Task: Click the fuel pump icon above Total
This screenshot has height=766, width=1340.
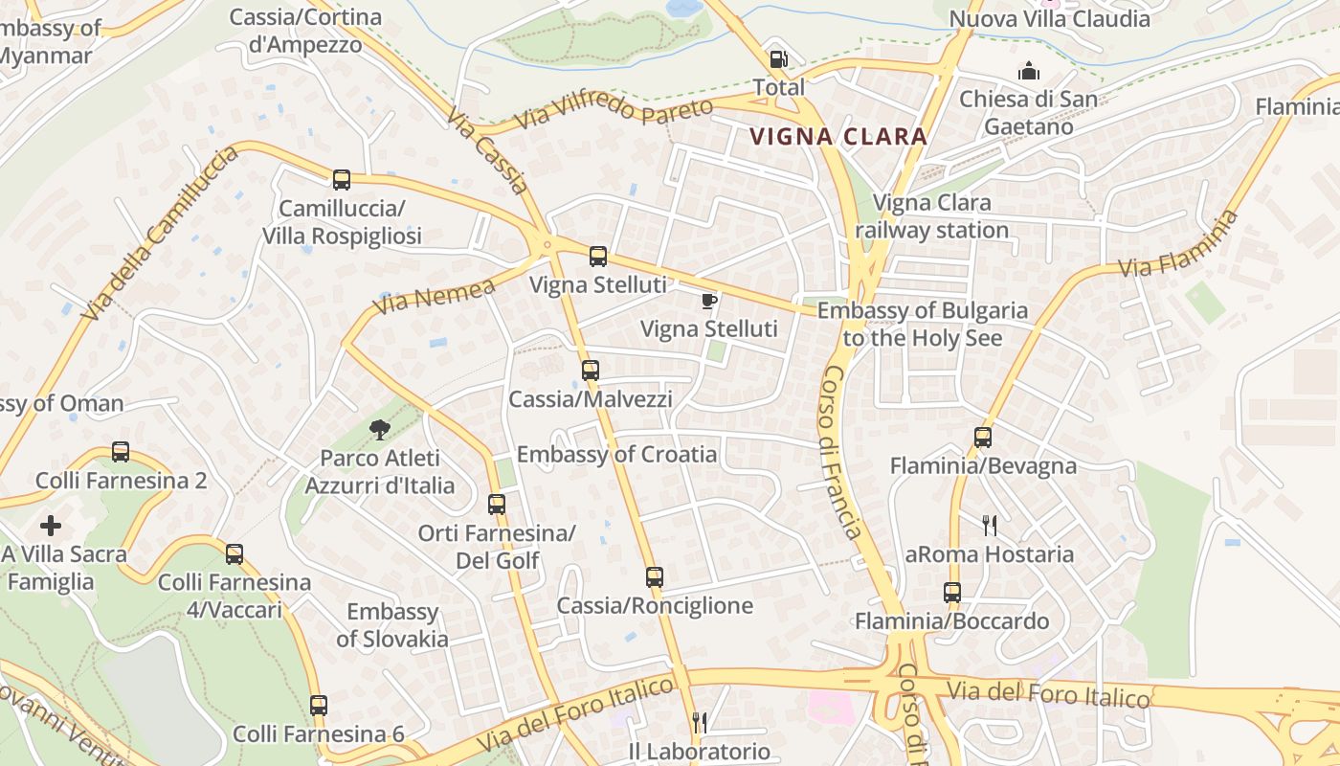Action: click(779, 59)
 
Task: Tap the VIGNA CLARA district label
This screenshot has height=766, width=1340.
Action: click(838, 137)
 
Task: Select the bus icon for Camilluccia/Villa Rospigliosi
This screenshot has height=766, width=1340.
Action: click(342, 179)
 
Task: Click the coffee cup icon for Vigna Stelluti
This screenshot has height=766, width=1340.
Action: click(709, 302)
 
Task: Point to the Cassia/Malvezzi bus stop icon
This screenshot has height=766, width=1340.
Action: click(591, 370)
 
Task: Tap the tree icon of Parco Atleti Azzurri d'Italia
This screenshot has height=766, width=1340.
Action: click(380, 430)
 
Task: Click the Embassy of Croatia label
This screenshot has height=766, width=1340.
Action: click(616, 454)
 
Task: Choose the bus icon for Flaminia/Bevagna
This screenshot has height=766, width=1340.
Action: click(983, 438)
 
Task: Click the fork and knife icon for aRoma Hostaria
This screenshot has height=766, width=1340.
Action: click(990, 525)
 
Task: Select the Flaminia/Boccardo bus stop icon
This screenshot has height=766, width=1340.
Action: click(951, 593)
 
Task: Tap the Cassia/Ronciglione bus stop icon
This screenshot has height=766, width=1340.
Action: click(655, 576)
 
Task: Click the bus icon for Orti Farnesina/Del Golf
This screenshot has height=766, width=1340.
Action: click(497, 504)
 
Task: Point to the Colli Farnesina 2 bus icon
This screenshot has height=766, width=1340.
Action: click(121, 451)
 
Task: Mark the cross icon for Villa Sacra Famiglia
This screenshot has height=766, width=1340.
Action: click(51, 525)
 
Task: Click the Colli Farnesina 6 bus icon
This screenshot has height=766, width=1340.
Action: click(319, 706)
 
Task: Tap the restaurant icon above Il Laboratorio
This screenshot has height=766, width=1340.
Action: click(700, 723)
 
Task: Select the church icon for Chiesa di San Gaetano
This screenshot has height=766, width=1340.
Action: click(1029, 71)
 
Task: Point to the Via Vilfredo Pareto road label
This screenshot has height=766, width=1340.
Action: click(614, 113)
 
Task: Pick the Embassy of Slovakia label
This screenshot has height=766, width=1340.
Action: click(392, 625)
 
